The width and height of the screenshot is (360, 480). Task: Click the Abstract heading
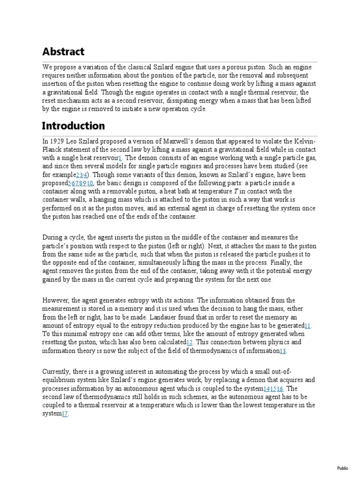63,52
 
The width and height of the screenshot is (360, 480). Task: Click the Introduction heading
73,126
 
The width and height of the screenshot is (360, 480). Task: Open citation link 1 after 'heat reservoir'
120,158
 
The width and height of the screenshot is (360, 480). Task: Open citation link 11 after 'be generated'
308,325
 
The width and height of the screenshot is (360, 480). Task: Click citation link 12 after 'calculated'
190,342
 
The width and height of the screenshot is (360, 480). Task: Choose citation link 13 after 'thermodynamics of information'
283,351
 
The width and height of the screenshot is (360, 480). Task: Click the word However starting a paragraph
56,300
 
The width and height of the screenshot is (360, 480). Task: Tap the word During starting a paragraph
53,238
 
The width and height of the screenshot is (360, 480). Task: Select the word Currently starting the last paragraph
58,372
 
